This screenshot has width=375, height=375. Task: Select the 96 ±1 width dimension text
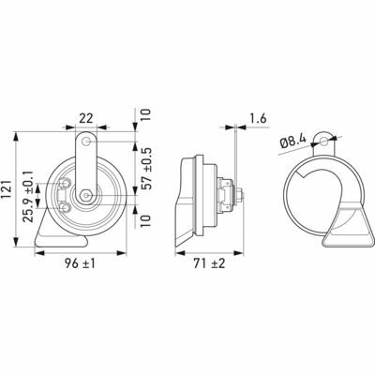coord(80,264)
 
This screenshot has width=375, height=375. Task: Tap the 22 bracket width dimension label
coord(86,118)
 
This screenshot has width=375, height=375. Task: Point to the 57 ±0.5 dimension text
coord(145,168)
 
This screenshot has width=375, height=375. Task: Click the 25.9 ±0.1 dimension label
coord(29,196)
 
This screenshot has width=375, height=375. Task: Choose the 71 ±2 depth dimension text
coord(209,264)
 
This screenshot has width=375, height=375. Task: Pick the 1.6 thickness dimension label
coord(258,119)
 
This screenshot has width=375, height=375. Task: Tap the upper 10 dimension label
coord(145,114)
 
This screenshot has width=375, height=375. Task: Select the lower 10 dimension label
coord(145,221)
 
